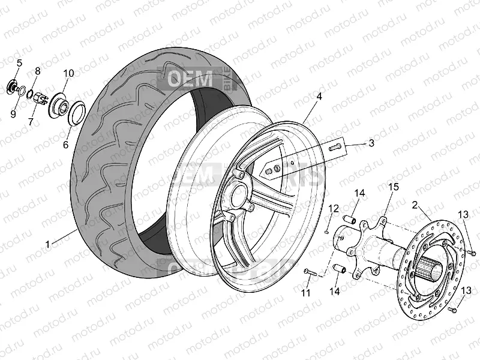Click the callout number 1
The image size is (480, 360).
click(x=47, y=244)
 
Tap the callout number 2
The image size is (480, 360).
click(x=415, y=205)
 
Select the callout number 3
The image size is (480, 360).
click(x=371, y=143)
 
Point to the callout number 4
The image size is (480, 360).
click(x=319, y=96)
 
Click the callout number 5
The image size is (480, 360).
click(x=19, y=63)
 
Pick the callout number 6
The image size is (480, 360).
click(x=66, y=145)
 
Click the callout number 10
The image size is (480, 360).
click(x=68, y=73)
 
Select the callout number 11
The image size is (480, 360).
click(x=306, y=293)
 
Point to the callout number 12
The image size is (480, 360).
click(x=334, y=208)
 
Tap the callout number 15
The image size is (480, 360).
click(x=393, y=187)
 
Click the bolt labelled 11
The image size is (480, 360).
click(x=309, y=273)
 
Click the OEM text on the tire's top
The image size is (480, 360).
click(x=190, y=79)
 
